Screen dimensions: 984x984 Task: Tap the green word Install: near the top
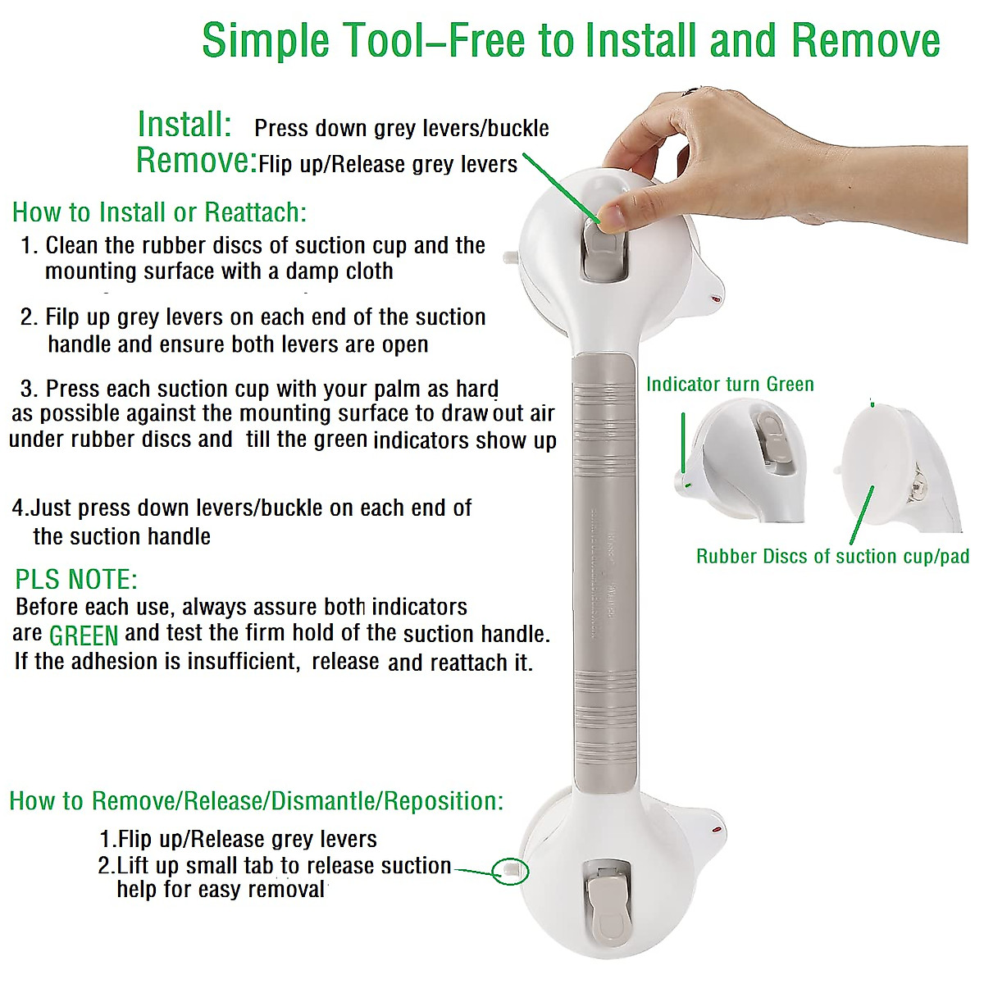point(184,125)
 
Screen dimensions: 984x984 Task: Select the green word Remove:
point(196,160)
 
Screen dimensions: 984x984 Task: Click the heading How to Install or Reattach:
point(159,212)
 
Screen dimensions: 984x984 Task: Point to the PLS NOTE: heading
point(76,580)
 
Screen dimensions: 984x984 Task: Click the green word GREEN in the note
point(84,635)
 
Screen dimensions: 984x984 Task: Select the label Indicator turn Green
point(730,385)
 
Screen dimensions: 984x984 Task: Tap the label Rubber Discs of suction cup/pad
point(831,557)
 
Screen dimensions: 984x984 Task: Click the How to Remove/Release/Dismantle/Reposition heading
point(256,801)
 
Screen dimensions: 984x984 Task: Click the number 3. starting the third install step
point(30,389)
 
